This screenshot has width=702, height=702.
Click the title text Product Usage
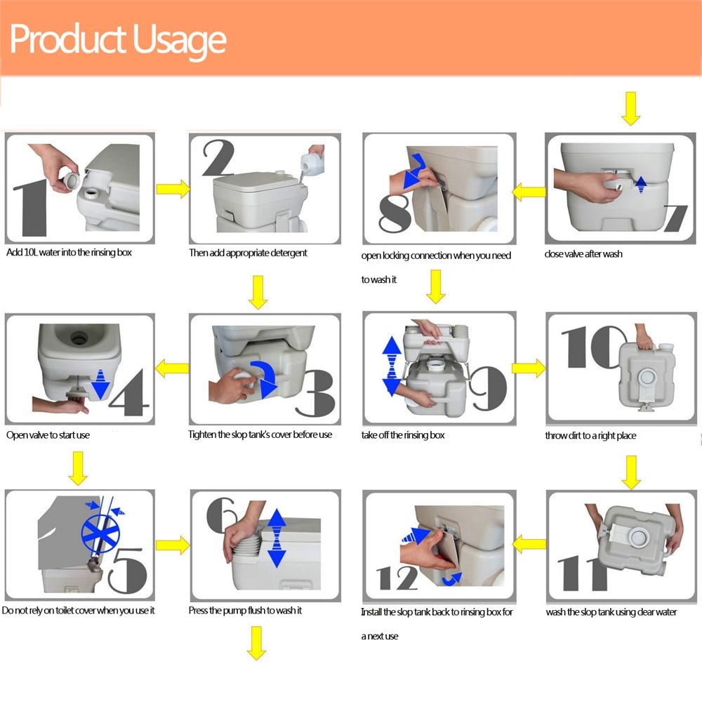(x=118, y=40)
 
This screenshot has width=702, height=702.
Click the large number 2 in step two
(x=218, y=157)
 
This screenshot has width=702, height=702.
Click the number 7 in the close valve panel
(x=675, y=218)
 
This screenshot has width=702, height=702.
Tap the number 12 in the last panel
(x=397, y=578)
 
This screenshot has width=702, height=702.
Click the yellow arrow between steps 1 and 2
(x=173, y=189)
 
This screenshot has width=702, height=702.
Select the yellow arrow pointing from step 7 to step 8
(x=529, y=192)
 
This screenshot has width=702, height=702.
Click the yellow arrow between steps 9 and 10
(x=529, y=369)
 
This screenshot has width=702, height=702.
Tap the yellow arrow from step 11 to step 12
(x=529, y=545)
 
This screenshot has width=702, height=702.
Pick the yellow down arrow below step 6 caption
(x=256, y=643)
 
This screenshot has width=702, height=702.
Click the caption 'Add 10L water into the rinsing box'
(x=69, y=253)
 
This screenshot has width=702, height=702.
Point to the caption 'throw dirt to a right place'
(x=590, y=436)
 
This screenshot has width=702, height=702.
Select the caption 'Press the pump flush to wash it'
(x=245, y=611)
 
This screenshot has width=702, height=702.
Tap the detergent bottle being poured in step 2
(x=312, y=163)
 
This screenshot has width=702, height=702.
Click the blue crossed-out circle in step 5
(x=100, y=533)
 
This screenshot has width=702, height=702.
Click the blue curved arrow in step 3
(x=264, y=379)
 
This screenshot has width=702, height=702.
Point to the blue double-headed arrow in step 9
(x=392, y=366)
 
